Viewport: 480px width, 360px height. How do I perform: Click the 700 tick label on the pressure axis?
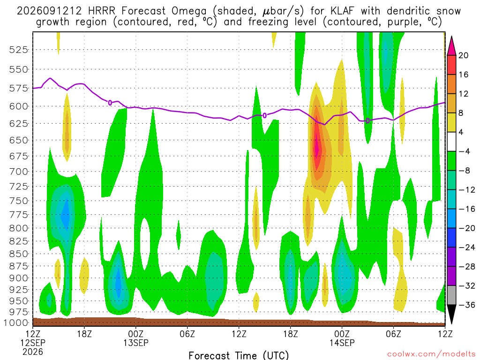[x=18, y=172]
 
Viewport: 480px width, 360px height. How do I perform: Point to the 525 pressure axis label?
[x=18, y=50]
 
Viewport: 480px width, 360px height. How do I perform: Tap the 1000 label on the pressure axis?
[x=16, y=323]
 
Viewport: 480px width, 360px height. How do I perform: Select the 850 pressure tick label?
[x=18, y=254]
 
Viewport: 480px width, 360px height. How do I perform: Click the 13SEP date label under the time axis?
[x=136, y=343]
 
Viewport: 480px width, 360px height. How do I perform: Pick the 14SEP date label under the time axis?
[x=342, y=343]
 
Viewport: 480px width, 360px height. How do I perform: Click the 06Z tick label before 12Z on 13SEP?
[x=187, y=334]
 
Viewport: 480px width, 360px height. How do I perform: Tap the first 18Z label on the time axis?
[x=84, y=334]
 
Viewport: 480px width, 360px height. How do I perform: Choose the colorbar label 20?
[x=463, y=55]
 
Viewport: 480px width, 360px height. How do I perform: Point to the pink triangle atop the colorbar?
[x=451, y=46]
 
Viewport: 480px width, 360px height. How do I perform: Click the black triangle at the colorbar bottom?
[x=451, y=314]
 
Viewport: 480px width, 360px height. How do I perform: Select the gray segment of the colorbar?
[x=451, y=295]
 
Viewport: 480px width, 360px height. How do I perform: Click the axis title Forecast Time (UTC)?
[x=239, y=355]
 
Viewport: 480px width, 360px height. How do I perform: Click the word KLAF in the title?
[x=342, y=11]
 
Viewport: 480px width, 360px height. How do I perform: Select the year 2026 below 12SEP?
[x=33, y=352]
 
